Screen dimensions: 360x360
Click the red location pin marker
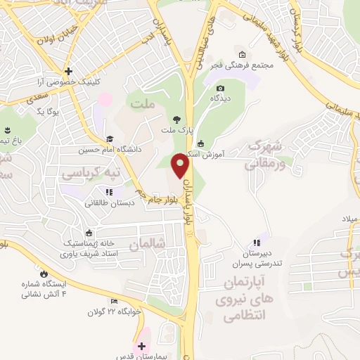pos(181,165)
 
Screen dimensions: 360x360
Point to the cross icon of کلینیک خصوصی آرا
pos(67,70)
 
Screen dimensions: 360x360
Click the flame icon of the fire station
pos(45,274)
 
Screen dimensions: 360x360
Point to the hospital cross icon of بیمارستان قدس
pos(141,346)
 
